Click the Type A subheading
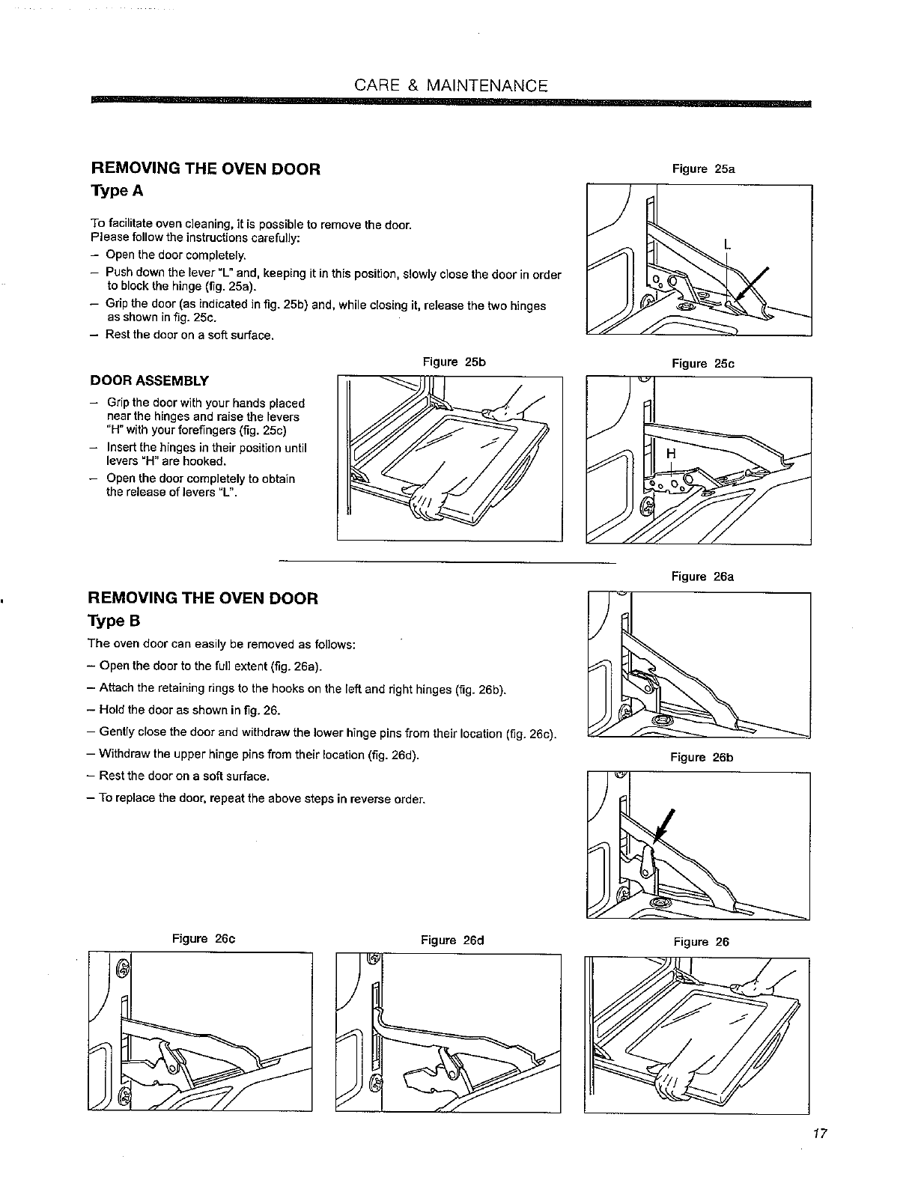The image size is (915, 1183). (116, 191)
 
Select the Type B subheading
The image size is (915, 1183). (115, 621)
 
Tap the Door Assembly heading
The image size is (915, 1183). (149, 380)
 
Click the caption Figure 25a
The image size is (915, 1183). (703, 169)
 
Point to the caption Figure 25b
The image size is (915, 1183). (455, 362)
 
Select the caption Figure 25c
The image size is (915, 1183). (703, 364)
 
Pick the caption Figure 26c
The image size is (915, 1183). (204, 939)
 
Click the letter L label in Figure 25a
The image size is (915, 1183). (726, 243)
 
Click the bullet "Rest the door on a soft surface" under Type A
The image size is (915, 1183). (190, 335)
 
